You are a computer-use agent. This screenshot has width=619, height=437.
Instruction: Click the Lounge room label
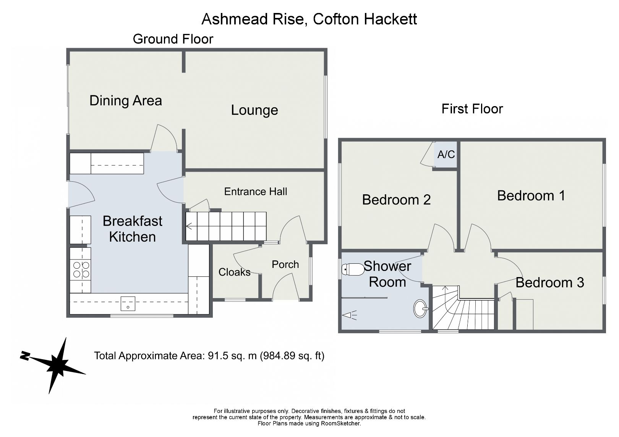254,110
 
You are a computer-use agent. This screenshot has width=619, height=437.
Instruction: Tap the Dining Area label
125,101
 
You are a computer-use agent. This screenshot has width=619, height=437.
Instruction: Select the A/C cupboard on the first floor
446,155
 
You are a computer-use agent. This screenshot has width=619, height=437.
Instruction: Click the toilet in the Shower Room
353,270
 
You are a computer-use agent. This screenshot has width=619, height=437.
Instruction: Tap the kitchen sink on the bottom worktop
128,304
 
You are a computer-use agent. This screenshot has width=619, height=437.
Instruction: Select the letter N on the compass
25,356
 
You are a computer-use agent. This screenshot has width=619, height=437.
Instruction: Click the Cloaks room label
234,272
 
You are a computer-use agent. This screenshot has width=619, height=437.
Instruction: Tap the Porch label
285,264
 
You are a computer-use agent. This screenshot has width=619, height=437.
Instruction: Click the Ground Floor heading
173,39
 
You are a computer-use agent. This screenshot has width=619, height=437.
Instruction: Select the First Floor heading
472,109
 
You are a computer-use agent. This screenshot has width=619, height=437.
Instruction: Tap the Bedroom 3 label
549,283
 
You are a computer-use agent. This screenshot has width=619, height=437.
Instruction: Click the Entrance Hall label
255,192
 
